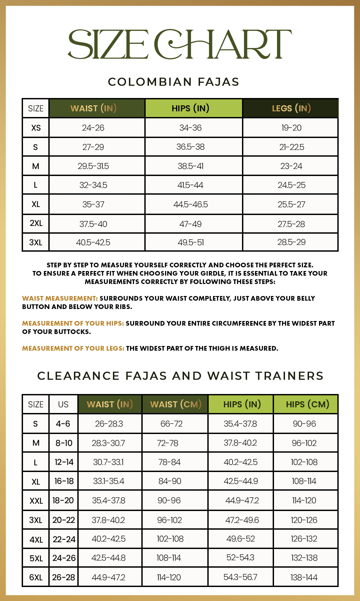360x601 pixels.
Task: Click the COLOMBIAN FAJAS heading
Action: pyautogui.click(x=173, y=82)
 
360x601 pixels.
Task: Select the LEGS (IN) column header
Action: pyautogui.click(x=291, y=108)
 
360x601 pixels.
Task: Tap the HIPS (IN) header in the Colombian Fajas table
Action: pyautogui.click(x=190, y=108)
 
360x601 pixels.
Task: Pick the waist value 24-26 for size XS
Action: pyautogui.click(x=93, y=128)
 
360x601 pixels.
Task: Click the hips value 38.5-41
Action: pyautogui.click(x=190, y=166)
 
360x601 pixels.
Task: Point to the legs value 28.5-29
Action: pyautogui.click(x=291, y=242)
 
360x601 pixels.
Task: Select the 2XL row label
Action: pyautogui.click(x=36, y=223)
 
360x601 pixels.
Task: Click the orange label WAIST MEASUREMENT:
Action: pyautogui.click(x=60, y=298)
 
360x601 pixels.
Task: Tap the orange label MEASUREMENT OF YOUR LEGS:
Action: pyautogui.click(x=73, y=348)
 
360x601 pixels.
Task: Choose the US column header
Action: pyautogui.click(x=63, y=404)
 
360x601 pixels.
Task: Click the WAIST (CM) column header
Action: pyautogui.click(x=176, y=404)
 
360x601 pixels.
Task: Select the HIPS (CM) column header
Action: pyautogui.click(x=307, y=404)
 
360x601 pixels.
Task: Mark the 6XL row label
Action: pyautogui.click(x=36, y=578)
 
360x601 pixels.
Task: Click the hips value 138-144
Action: pyautogui.click(x=304, y=578)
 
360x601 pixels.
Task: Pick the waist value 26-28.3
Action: pyautogui.click(x=109, y=424)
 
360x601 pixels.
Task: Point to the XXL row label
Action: pyautogui.click(x=36, y=501)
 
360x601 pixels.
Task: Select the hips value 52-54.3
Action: pyautogui.click(x=240, y=558)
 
